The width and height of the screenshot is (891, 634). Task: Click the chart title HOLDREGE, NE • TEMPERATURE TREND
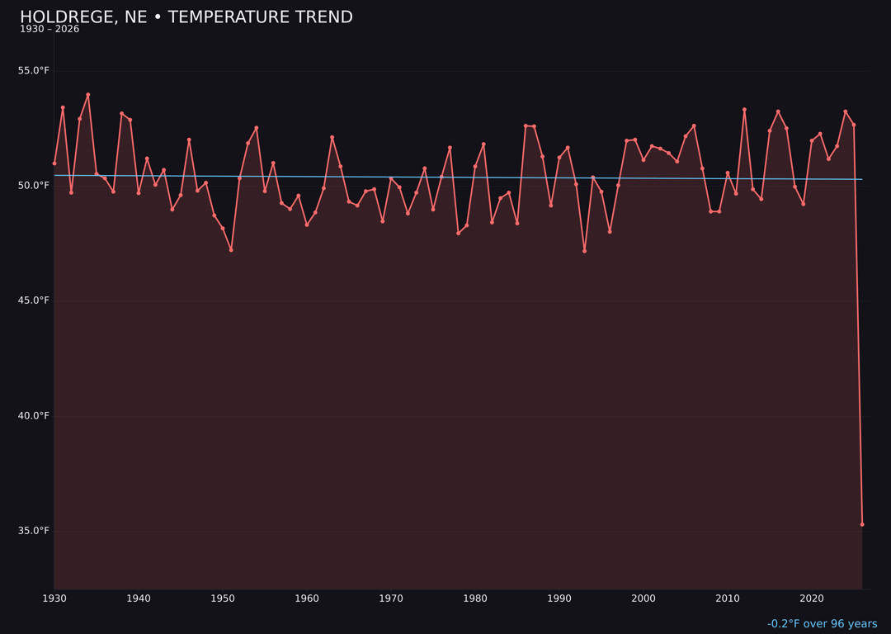186,17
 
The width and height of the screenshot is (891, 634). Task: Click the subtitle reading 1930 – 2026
49,29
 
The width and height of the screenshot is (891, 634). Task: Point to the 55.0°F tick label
33,70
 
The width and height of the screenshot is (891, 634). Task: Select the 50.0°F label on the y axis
33,185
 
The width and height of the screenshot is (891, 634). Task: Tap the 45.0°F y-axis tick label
33,300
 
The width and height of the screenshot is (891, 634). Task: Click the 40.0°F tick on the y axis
33,415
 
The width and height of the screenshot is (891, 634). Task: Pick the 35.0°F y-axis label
33,530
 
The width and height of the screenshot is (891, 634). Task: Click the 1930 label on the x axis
54,598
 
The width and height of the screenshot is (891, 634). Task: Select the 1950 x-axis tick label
223,598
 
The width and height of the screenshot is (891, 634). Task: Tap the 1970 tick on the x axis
391,598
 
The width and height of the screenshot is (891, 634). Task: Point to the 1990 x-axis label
559,598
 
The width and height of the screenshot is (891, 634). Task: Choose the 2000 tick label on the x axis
643,598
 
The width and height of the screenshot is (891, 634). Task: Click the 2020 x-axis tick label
812,598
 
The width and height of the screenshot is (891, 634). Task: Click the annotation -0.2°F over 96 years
822,624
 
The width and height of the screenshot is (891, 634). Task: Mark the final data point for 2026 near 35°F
862,524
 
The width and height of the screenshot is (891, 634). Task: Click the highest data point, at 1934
88,95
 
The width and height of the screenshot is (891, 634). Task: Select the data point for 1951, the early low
231,249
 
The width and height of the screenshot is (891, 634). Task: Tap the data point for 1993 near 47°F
584,250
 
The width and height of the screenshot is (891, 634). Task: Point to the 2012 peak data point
744,109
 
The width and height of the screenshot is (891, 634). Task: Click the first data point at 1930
54,163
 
